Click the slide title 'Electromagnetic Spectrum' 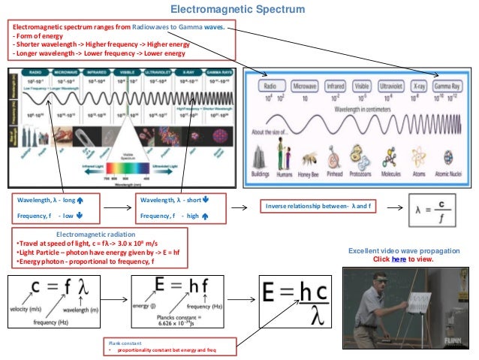point(237,10)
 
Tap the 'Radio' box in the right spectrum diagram point(273,86)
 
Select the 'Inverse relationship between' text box point(318,205)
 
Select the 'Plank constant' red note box point(155,346)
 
